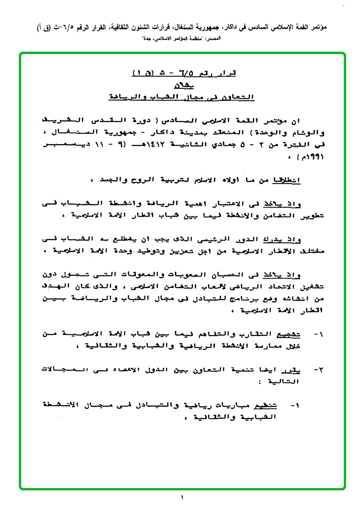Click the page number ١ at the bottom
click(182, 497)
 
